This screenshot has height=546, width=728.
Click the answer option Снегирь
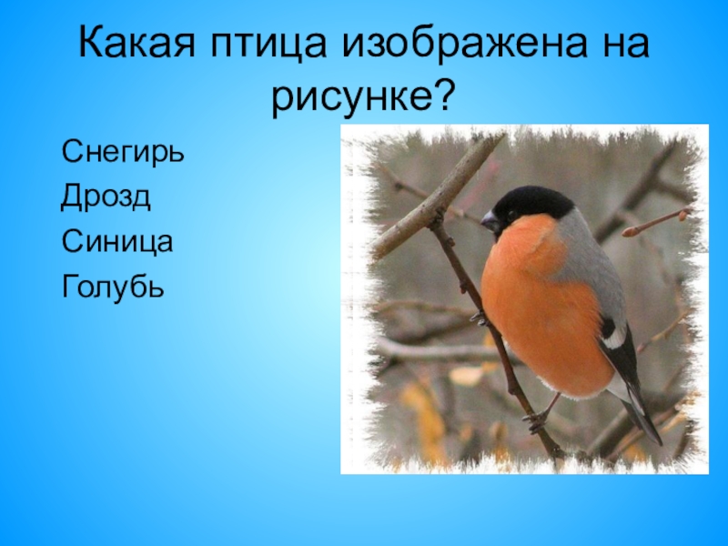pos(122,149)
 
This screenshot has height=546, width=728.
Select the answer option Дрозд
pos(106,195)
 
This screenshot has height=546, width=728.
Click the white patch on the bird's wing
pos(614,339)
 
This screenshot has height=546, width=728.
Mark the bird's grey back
pos(591,264)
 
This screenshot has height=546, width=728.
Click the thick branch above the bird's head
pos(437,196)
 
